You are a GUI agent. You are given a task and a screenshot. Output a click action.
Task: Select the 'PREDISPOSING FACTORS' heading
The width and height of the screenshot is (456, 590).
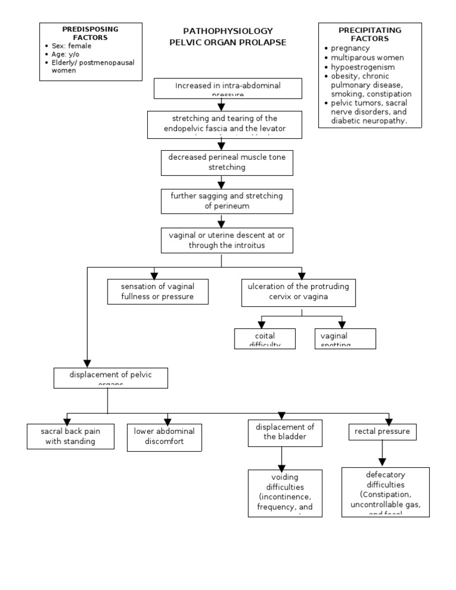tap(90, 33)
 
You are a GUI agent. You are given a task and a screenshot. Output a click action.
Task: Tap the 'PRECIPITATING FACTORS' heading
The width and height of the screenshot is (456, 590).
tap(369, 34)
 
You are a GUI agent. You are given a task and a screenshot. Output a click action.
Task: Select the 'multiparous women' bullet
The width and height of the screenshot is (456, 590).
tap(367, 58)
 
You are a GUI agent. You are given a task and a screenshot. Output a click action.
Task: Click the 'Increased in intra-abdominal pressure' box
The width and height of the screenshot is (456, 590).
tap(227, 89)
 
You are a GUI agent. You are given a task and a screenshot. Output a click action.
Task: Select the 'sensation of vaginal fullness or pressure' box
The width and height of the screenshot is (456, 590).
tap(157, 291)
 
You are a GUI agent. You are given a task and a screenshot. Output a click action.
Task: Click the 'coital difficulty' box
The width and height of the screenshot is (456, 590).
tap(265, 338)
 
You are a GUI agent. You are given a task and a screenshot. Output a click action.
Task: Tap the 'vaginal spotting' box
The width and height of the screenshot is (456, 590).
tap(344, 338)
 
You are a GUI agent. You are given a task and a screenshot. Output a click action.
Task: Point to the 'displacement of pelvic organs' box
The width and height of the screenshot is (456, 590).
tap(110, 377)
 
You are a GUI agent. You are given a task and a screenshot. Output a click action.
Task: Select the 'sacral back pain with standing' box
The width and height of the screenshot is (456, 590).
tap(71, 436)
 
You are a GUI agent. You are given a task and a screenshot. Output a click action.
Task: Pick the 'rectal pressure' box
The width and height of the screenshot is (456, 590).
tap(382, 432)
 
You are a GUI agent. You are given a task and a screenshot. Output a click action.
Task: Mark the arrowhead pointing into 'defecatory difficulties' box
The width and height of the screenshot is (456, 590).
tap(383, 461)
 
